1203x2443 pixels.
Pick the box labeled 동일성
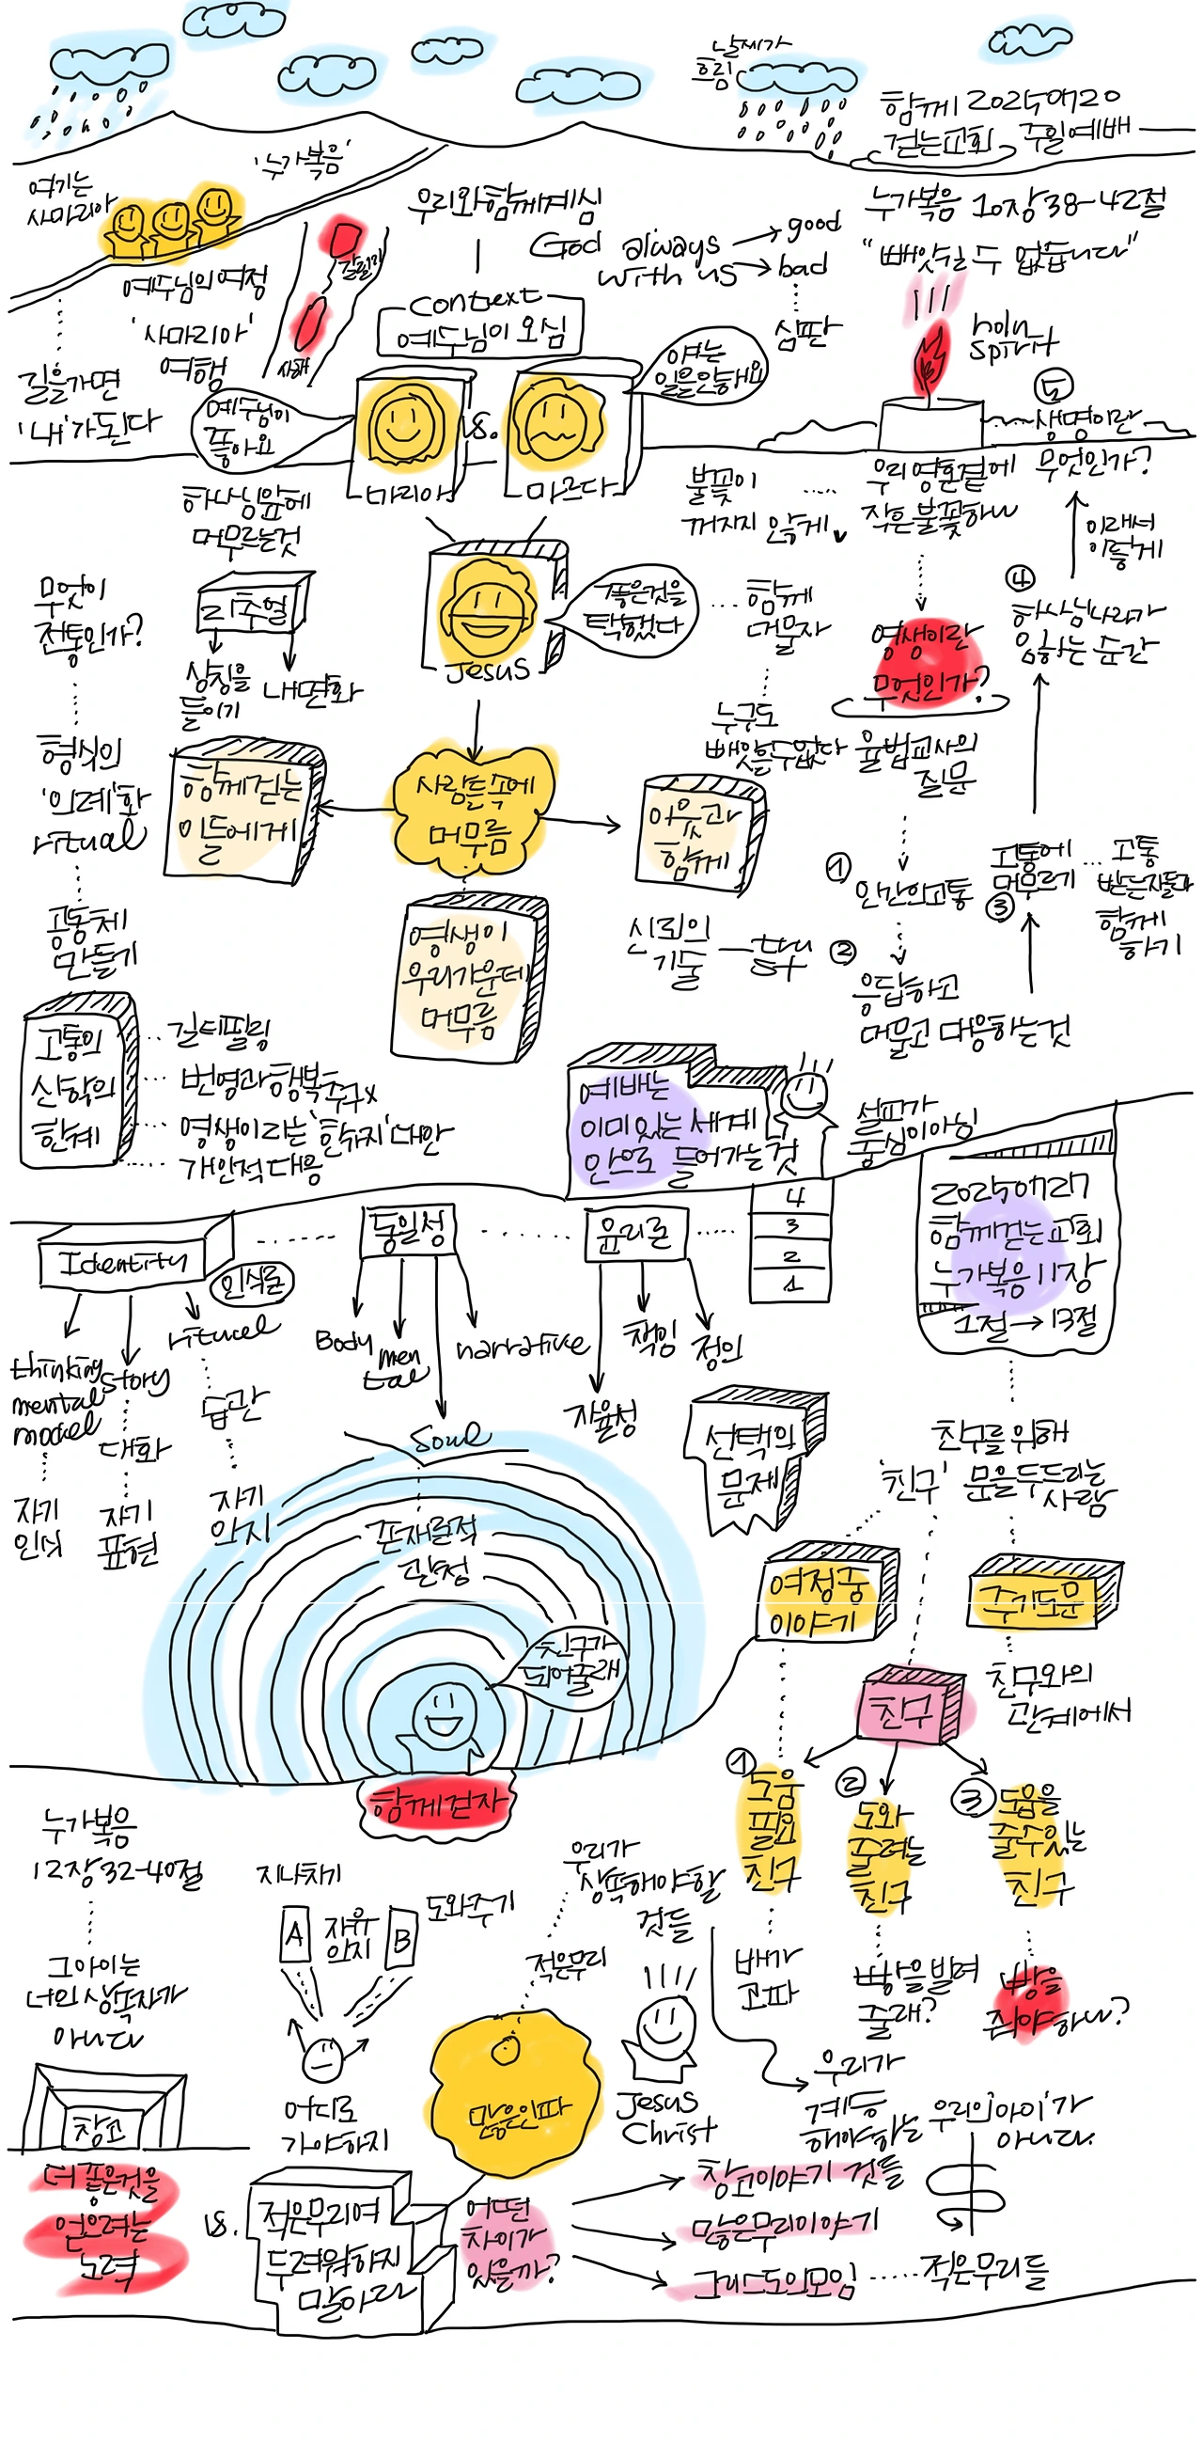(409, 1231)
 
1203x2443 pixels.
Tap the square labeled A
(295, 1931)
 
